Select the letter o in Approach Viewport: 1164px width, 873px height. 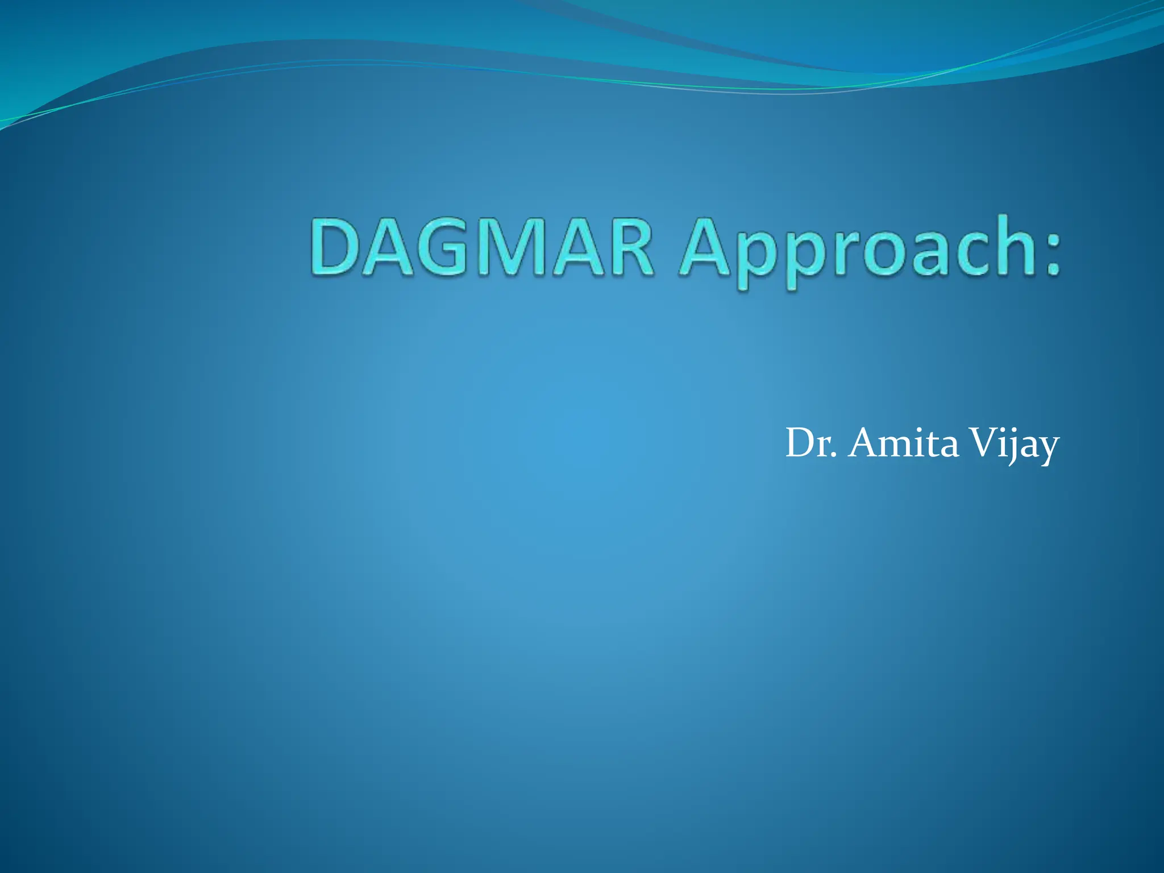(884, 256)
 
